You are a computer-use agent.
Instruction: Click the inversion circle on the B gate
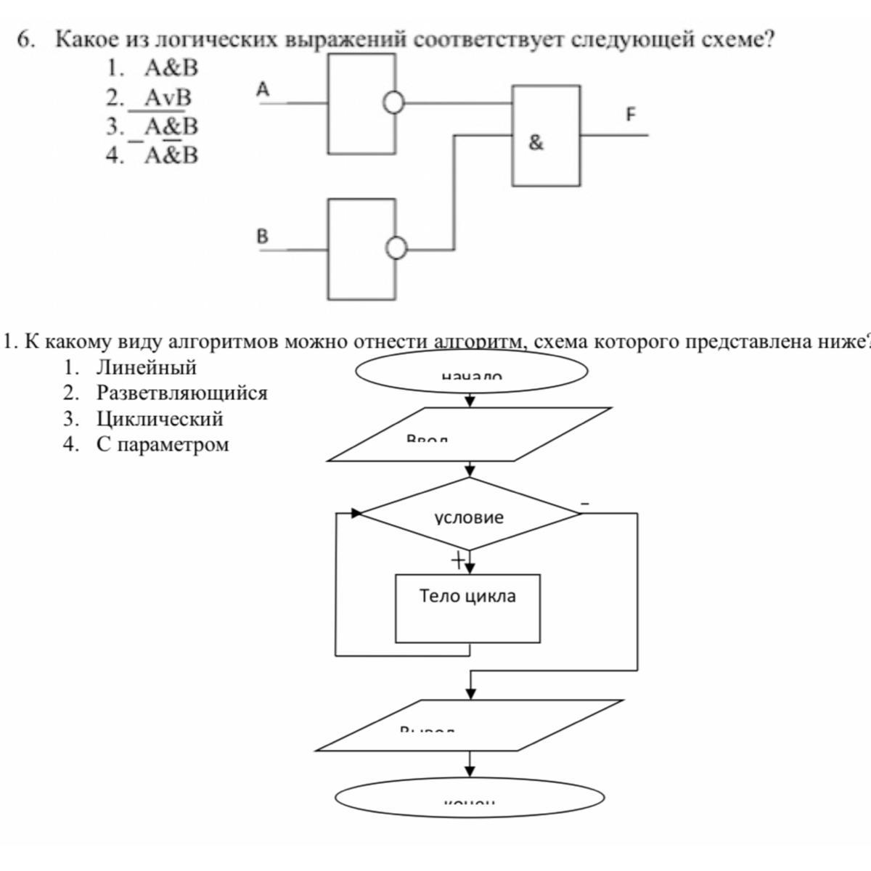point(396,249)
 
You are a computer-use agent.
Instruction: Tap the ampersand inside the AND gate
point(536,143)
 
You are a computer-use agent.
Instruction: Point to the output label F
point(630,115)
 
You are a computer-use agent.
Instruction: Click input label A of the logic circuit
point(263,90)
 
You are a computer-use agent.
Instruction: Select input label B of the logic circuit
point(262,237)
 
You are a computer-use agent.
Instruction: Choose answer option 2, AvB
point(167,97)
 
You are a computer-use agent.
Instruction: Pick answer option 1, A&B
point(171,69)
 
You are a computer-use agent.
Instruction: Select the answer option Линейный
point(146,368)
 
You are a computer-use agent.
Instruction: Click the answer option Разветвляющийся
point(181,393)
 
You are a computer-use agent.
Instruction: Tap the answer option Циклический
point(160,419)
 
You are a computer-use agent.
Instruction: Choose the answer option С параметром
point(163,444)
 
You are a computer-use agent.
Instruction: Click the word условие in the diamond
point(469,518)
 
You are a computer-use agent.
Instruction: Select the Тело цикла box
point(467,608)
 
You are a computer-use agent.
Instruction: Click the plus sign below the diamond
point(457,560)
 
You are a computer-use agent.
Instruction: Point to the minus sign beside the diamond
point(585,503)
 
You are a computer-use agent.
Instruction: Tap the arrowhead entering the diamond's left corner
point(356,513)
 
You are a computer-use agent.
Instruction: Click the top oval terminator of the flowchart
point(470,371)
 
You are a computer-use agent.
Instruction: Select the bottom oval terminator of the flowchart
point(470,797)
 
